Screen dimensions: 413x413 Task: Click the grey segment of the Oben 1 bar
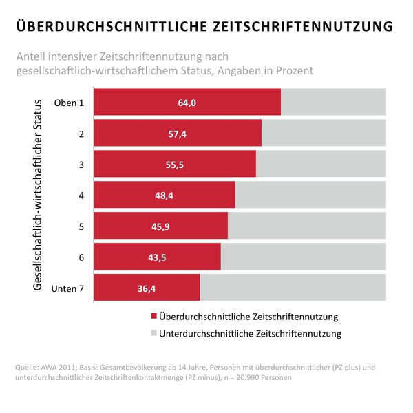tap(333, 102)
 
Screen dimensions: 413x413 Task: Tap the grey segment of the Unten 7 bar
tap(293, 288)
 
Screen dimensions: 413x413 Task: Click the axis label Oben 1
tap(69, 103)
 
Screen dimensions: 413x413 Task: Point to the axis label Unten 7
tap(67, 288)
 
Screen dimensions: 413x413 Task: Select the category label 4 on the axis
tap(81, 195)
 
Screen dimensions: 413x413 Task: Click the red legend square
tap(153, 317)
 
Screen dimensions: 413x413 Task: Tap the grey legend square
tap(153, 334)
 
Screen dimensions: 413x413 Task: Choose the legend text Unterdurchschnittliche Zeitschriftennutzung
tap(250, 334)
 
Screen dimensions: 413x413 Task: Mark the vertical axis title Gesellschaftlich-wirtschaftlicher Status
tap(39, 195)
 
